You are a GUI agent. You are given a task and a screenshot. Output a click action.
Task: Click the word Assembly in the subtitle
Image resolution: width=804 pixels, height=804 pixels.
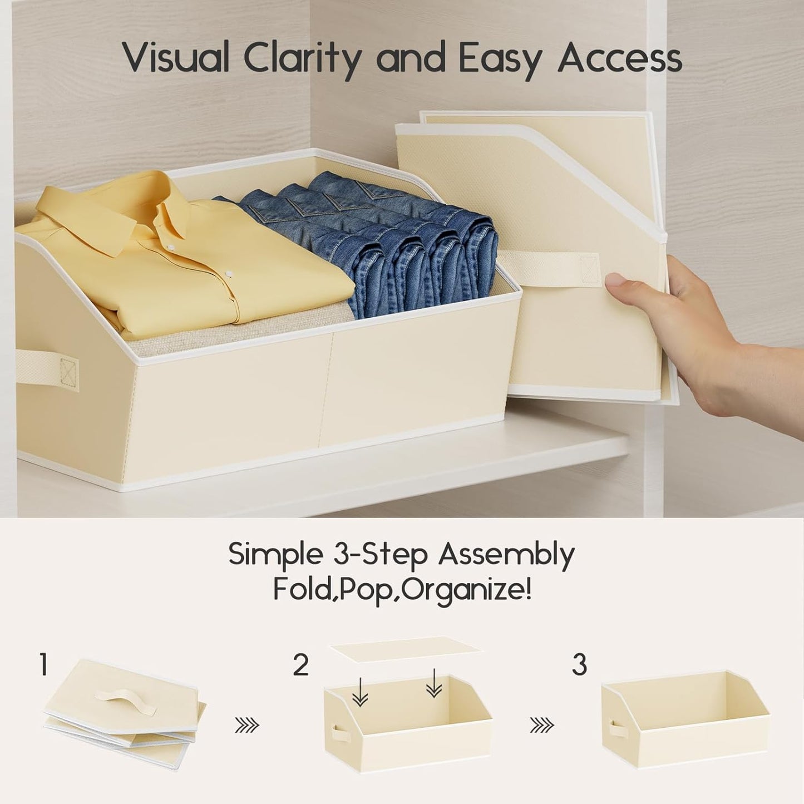click(506, 555)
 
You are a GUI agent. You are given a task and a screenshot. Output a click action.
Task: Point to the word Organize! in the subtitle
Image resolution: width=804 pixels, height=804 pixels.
click(466, 590)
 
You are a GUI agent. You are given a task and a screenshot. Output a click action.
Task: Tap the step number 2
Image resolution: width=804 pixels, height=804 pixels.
click(301, 665)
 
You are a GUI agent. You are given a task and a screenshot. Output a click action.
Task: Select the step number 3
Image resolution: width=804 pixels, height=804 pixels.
click(579, 665)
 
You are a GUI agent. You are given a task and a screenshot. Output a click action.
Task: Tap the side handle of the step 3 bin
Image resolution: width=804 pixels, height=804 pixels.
click(615, 729)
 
